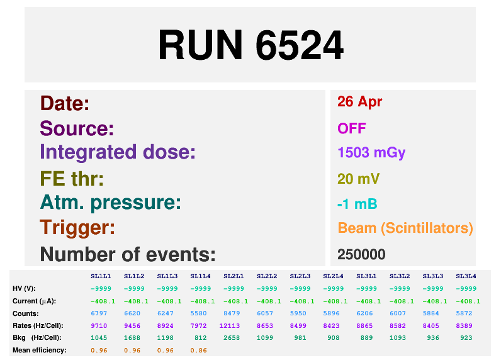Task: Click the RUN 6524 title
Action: [x=250, y=45]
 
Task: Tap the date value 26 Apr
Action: [x=359, y=102]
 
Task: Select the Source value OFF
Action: [x=351, y=128]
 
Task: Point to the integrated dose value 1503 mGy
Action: [x=371, y=153]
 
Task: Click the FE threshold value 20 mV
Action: [x=358, y=179]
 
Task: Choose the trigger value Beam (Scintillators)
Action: [x=405, y=228]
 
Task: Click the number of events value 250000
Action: [x=361, y=254]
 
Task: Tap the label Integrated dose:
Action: [x=118, y=152]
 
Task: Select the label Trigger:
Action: [x=77, y=228]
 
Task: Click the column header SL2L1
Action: [x=234, y=276]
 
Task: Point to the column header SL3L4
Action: [x=466, y=276]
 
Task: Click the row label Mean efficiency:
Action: [x=39, y=350]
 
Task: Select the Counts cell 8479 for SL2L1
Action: [x=234, y=313]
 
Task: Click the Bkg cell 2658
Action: [x=234, y=338]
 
